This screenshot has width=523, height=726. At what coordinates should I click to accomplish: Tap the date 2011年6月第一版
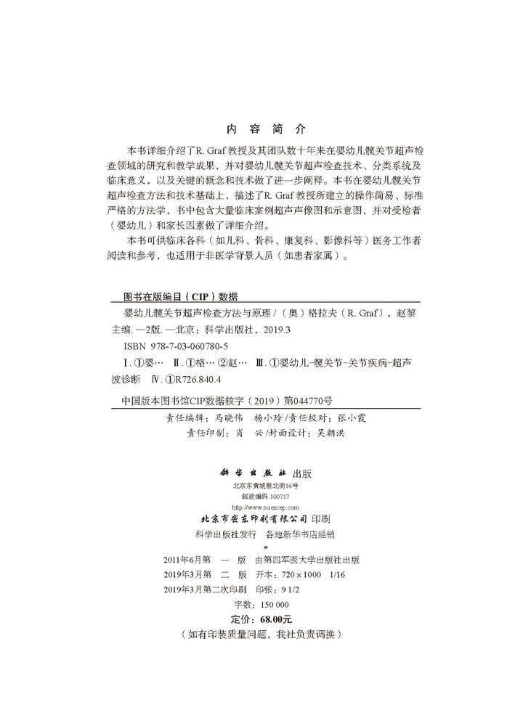(207, 560)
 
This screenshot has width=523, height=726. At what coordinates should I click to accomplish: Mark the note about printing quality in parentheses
(261, 634)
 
